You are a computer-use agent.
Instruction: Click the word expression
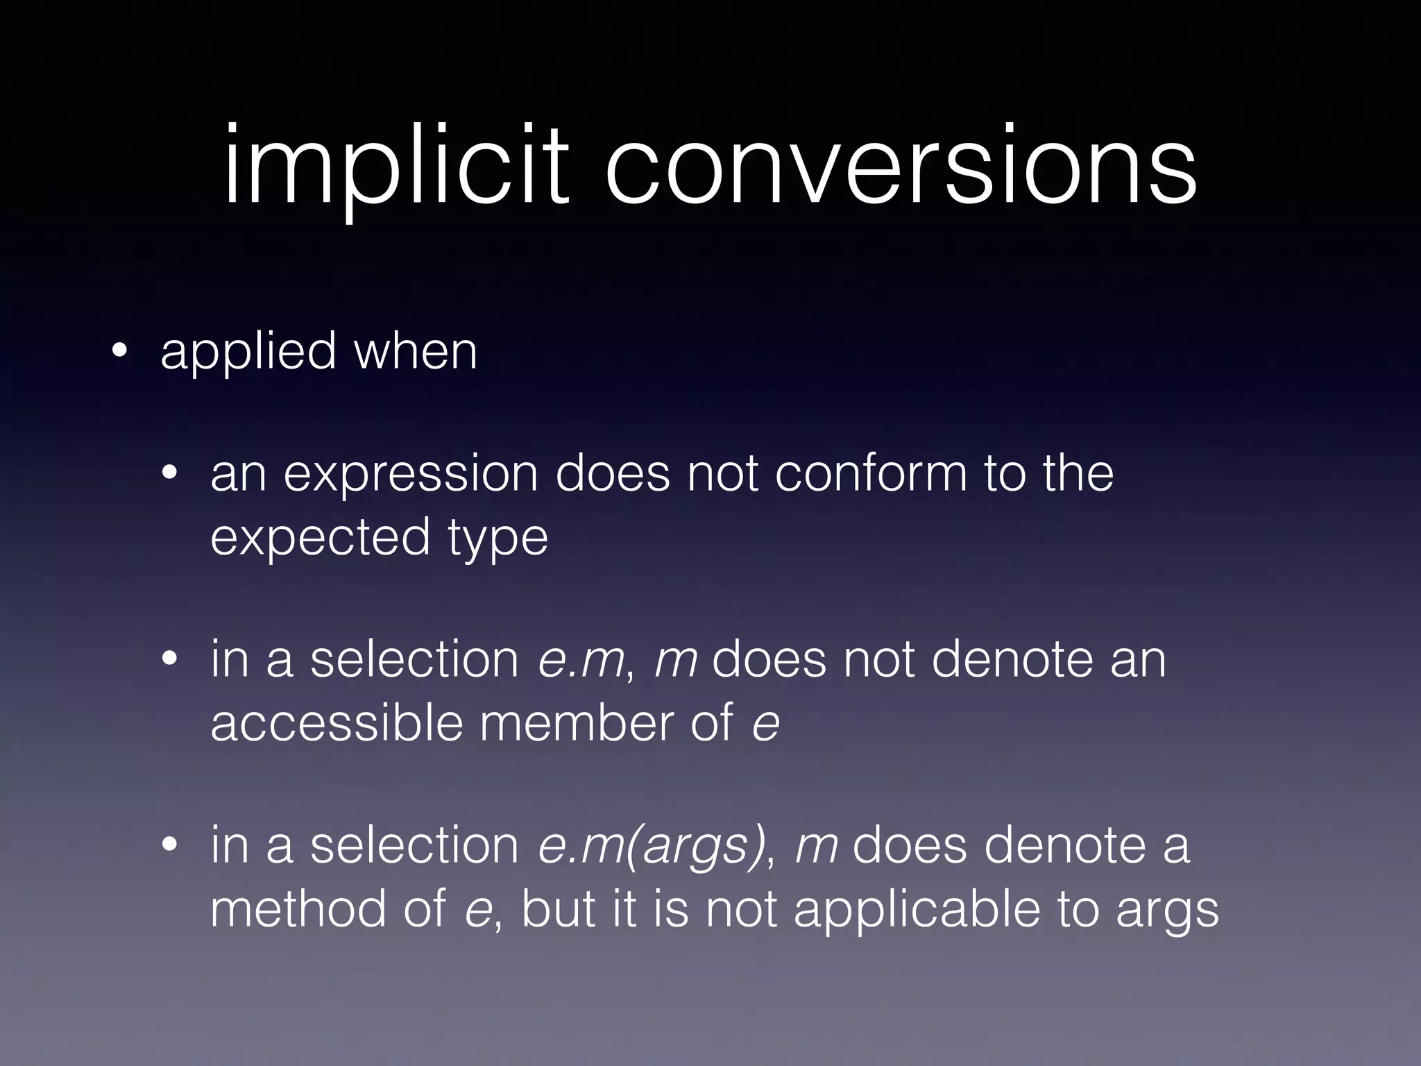410,475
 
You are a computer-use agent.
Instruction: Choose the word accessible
337,724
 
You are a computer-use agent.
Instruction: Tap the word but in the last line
558,909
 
